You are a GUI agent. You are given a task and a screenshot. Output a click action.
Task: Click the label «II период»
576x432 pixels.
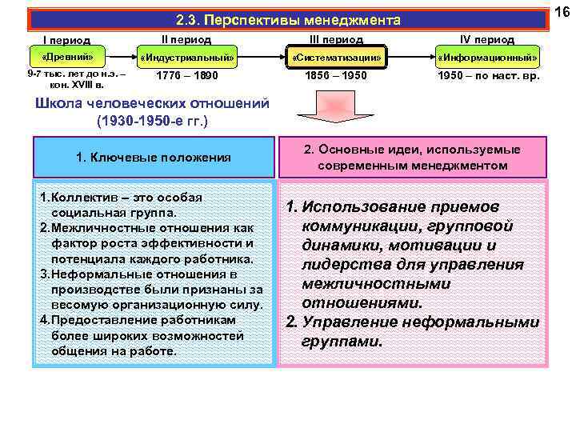pos(186,38)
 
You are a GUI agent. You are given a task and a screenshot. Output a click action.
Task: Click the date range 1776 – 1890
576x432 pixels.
pos(187,76)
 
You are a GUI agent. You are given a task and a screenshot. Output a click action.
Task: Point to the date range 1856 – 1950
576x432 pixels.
pos(337,76)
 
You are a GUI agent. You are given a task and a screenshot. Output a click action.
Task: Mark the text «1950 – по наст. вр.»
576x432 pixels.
pos(488,76)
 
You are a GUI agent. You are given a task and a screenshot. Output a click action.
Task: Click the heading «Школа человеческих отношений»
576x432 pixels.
pos(153,104)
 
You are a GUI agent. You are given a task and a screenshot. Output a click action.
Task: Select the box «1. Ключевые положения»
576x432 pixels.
pos(154,158)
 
